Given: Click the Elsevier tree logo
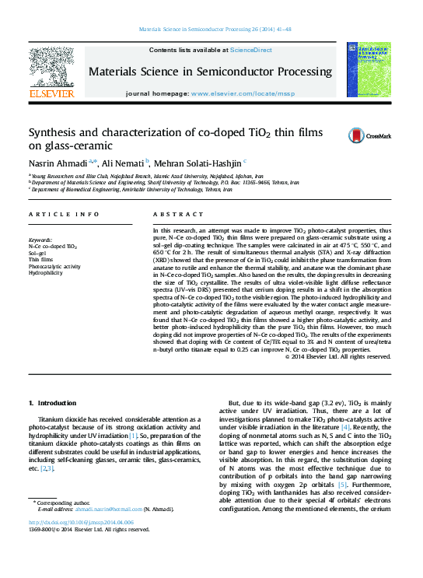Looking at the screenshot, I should click(51, 65).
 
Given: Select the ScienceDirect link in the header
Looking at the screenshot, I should click(250, 50).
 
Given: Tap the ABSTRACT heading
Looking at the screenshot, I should click(173, 214).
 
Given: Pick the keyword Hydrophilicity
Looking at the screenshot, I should click(48, 273).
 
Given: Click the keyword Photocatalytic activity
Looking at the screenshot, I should click(54, 267).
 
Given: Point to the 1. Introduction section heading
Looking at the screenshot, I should click(53, 403).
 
